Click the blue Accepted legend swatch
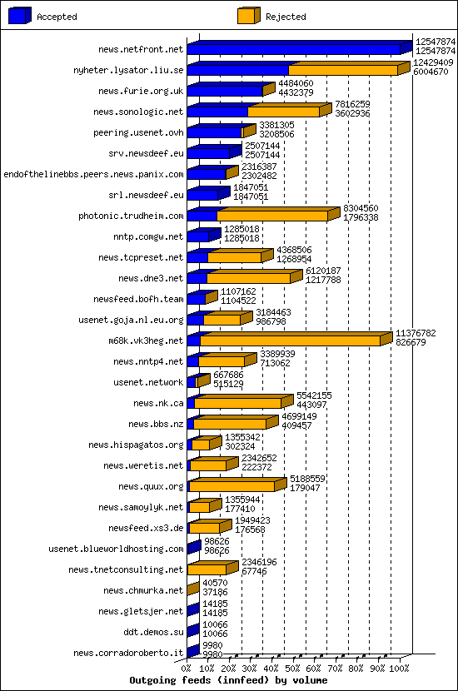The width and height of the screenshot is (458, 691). tap(20, 16)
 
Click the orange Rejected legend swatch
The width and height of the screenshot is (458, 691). tap(248, 16)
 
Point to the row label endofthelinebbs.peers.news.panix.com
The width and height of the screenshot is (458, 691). tap(93, 174)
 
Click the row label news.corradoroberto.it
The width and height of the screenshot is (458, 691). tap(128, 653)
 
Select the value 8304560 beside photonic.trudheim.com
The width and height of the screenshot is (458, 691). tap(361, 207)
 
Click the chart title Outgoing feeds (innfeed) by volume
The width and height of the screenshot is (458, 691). tap(229, 680)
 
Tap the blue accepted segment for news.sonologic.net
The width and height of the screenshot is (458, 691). tap(217, 112)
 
